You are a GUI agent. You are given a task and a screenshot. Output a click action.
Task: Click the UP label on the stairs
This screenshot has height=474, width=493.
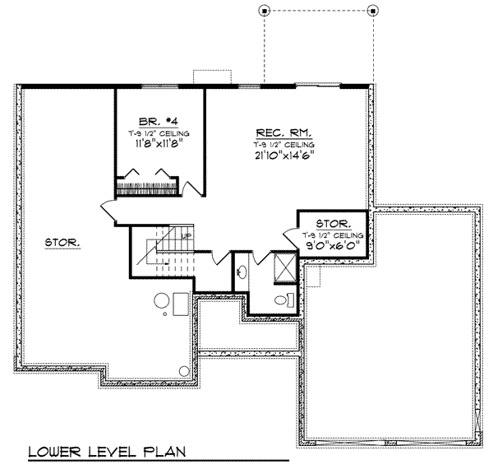[x=187, y=236]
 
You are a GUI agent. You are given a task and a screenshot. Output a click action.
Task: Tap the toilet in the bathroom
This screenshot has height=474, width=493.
[x=283, y=300]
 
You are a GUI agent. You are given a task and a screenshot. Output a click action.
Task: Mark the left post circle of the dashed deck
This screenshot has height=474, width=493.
[x=264, y=11]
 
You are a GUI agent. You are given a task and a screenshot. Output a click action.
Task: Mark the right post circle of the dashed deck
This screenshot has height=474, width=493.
[x=373, y=11]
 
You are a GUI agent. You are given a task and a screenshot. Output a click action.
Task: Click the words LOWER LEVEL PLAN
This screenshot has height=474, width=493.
[x=107, y=452]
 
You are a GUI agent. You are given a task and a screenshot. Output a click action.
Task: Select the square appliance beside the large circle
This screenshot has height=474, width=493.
[x=182, y=302]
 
